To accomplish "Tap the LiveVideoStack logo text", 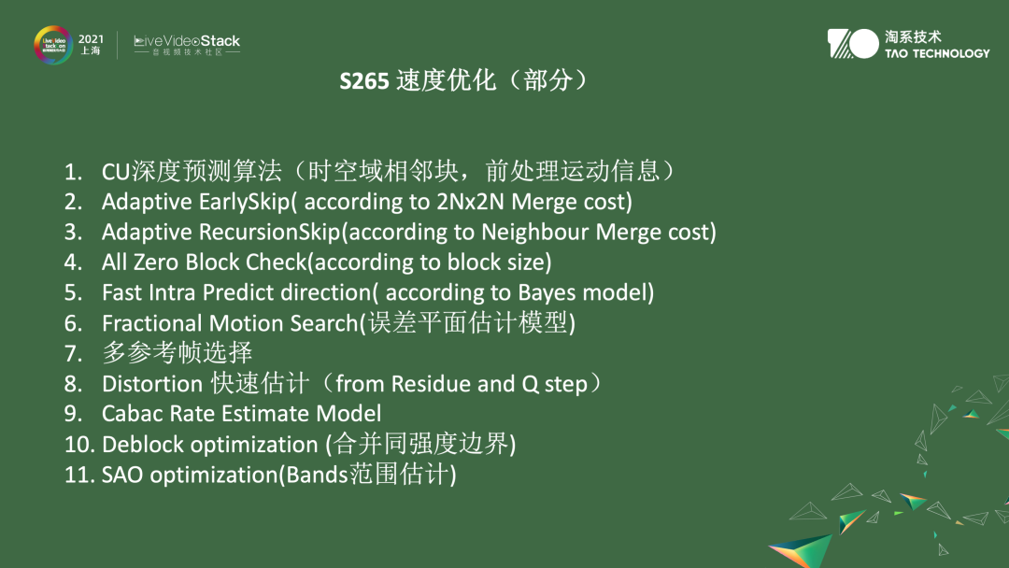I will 187,41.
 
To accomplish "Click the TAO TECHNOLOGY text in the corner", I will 937,53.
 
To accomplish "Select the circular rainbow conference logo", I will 53,45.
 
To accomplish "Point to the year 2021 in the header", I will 91,39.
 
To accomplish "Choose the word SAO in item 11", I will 122,475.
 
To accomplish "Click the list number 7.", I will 73,354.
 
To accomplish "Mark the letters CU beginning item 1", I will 115,172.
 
